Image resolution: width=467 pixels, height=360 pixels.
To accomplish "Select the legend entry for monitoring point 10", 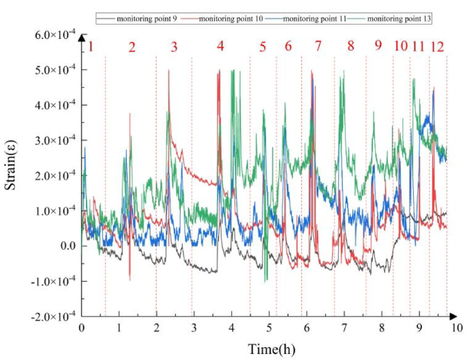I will coord(231,16).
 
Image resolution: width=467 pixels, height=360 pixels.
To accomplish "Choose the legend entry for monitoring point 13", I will coord(398,16).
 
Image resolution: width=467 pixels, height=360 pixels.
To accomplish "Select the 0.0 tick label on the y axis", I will coord(65,246).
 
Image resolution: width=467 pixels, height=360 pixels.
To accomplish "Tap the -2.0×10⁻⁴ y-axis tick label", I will coord(50,316).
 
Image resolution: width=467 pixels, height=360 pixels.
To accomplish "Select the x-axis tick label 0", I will coord(82,328).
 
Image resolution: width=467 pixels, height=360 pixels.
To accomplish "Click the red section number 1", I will coord(90,47).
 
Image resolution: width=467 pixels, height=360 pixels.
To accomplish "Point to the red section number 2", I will coord(132,47).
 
